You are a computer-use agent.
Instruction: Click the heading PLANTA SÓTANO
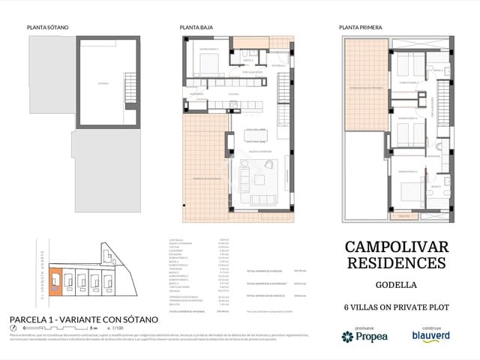[x=47, y=27]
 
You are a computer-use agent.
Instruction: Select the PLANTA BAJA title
[x=197, y=27]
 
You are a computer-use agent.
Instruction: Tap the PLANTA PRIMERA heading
[x=361, y=27]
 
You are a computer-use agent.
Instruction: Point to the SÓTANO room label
[x=103, y=84]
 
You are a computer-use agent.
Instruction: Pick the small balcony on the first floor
[x=406, y=216]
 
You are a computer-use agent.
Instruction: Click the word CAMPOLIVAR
[x=396, y=247]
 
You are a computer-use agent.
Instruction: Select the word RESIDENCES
[x=396, y=263]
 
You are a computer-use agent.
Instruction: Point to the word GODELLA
[x=396, y=286]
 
